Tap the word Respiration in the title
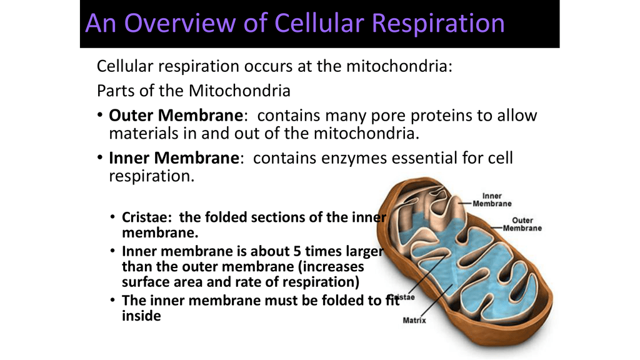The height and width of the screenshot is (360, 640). [x=438, y=24]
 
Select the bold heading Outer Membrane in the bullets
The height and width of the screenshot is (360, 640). [x=176, y=116]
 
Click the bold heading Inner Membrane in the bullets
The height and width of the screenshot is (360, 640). [x=174, y=158]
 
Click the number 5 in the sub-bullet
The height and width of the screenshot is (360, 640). [x=296, y=251]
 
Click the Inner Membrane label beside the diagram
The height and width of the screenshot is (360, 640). [x=492, y=200]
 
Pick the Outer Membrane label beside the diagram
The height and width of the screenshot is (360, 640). [x=522, y=224]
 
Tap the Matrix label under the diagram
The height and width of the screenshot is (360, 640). [x=414, y=321]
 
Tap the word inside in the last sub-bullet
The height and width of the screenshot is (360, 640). [x=141, y=316]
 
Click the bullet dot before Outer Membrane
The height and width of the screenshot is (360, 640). [x=100, y=116]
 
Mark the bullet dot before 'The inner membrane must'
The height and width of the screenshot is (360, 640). [x=112, y=301]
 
